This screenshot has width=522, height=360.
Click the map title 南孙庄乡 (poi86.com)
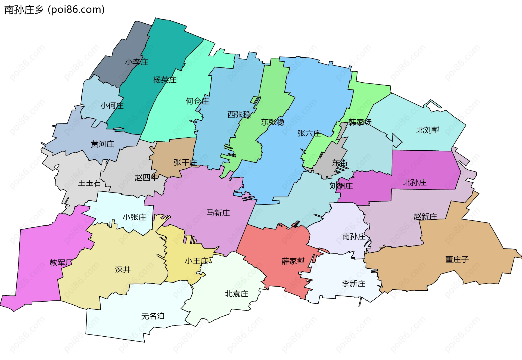[x=54, y=10]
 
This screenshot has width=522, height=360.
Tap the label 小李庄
[x=137, y=62]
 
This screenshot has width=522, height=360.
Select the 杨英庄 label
[x=165, y=80]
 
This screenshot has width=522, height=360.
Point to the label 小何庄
[x=112, y=105]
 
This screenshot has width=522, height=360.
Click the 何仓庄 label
[x=197, y=101]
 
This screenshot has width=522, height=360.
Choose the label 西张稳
[x=239, y=114]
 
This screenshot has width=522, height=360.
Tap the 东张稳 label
[x=273, y=122]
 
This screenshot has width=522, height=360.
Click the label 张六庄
[x=309, y=134]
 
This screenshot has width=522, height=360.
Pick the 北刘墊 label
[x=428, y=130]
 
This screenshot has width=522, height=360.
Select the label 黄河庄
[x=102, y=144]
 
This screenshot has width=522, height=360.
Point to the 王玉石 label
[x=89, y=183]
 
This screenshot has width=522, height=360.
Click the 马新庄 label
[x=218, y=213]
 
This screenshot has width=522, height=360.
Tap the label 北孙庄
[x=415, y=182]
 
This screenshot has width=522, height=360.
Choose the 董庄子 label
[x=457, y=259]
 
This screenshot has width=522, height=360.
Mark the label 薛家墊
[x=293, y=261]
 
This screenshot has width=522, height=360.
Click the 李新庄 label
[x=354, y=284]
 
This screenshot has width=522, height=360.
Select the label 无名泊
[x=153, y=316]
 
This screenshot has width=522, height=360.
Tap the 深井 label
[x=123, y=270]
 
